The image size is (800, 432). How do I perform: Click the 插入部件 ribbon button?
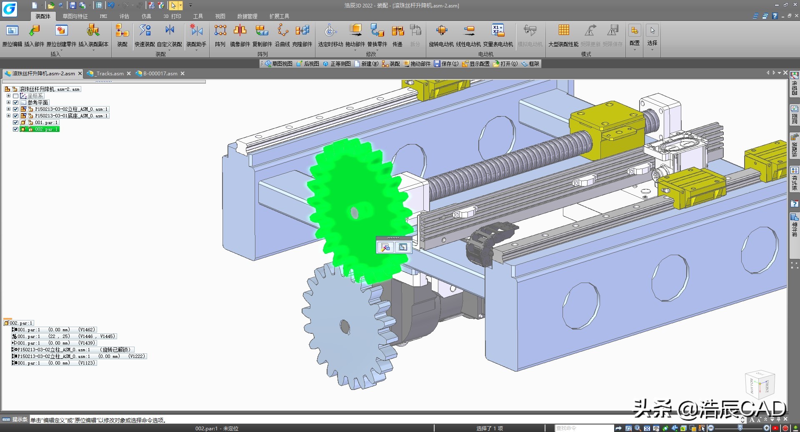pos(34,35)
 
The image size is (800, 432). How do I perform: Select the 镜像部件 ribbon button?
pos(240,35)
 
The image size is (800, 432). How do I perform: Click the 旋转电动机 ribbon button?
pos(442,35)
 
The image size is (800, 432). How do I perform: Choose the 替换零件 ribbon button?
pos(377,35)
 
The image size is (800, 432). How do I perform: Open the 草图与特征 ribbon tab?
pos(75,16)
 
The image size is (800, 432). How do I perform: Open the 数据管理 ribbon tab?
pos(247,16)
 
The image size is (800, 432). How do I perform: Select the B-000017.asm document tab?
pos(160,74)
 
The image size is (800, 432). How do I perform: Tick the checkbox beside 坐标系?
pos(16,96)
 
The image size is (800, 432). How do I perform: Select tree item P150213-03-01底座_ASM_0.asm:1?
pos(71,116)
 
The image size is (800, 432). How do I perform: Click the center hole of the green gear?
pos(355,213)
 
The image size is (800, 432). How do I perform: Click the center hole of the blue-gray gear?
pos(345,326)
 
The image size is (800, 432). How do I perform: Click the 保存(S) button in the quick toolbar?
pos(446,64)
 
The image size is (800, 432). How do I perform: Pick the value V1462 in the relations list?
pos(87,330)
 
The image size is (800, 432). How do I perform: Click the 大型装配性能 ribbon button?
pos(563,35)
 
